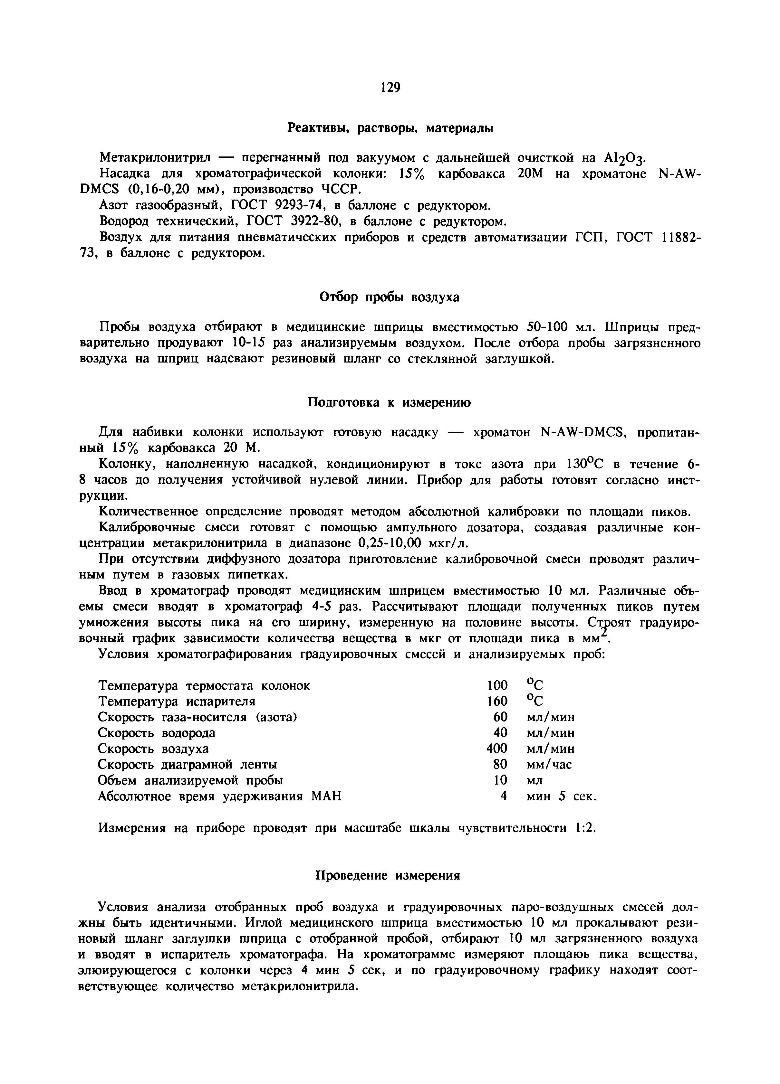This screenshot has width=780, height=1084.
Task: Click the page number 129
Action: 390,88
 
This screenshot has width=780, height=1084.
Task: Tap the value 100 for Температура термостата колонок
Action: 497,686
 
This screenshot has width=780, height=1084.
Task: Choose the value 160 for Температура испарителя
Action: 497,702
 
